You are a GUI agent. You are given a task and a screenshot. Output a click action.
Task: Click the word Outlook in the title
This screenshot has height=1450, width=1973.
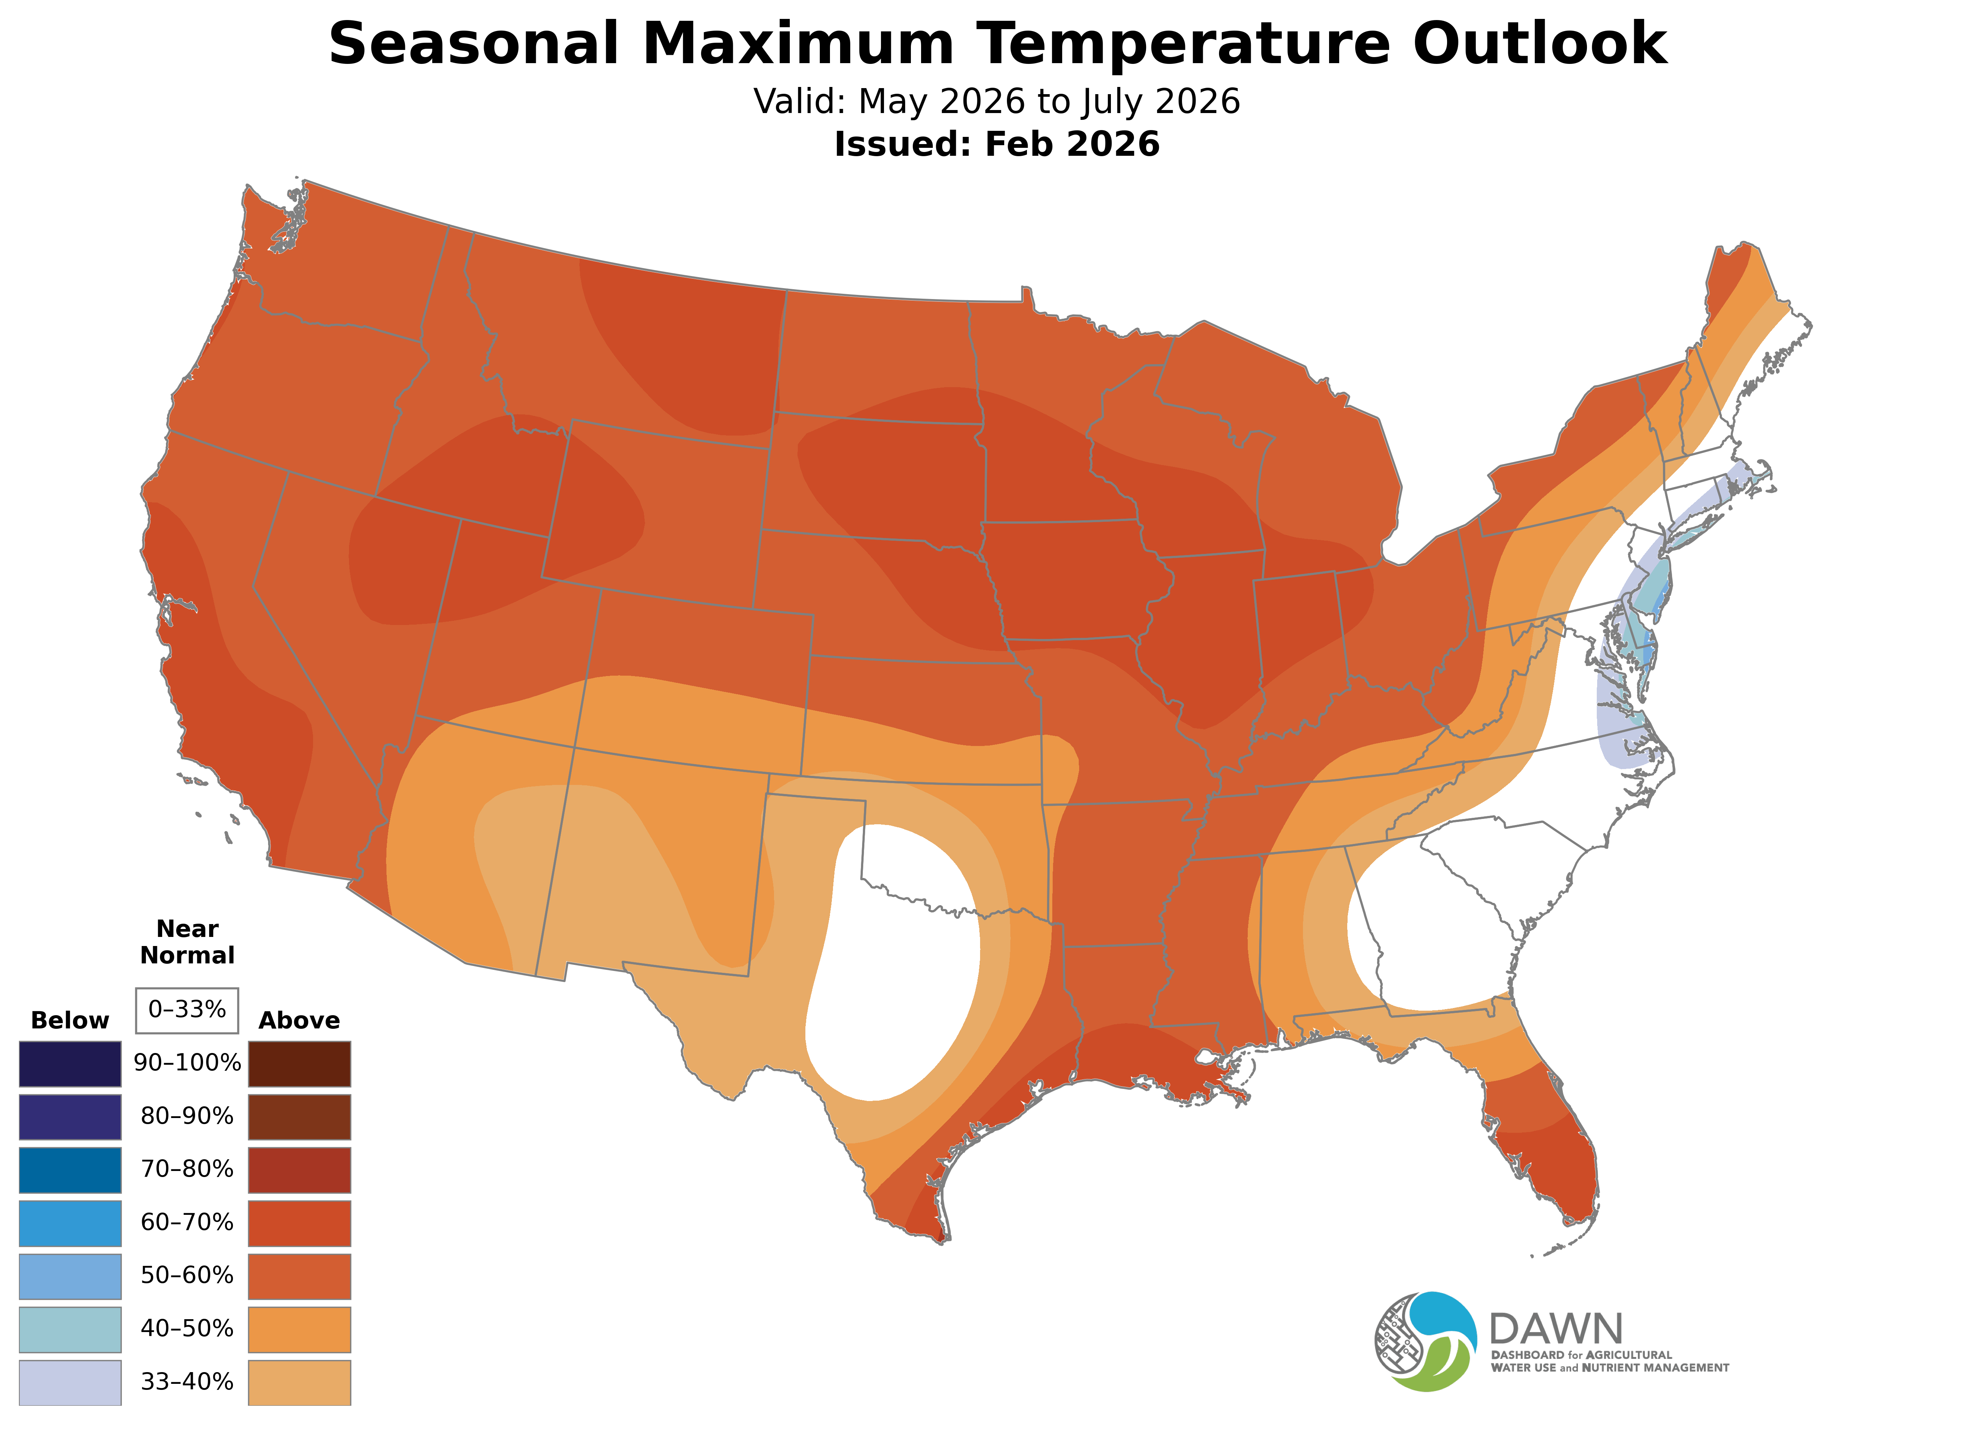[x=1540, y=44]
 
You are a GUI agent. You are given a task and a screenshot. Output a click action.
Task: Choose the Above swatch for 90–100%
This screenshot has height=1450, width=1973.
[x=299, y=1064]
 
